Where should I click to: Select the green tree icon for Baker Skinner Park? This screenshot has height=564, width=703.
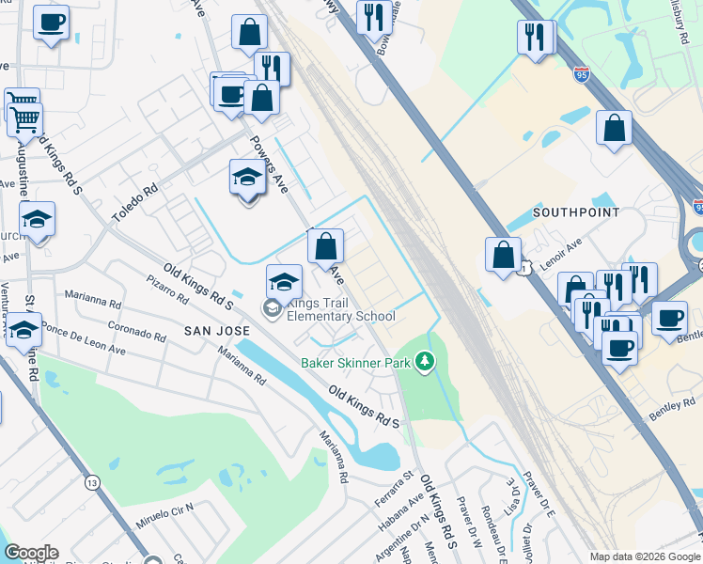[x=426, y=361]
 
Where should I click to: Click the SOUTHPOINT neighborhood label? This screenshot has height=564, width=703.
[x=566, y=212]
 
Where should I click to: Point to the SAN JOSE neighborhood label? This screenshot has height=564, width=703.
[x=217, y=331]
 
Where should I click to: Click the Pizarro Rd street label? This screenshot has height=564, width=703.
[x=168, y=289]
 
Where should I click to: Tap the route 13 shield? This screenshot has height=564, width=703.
[x=91, y=482]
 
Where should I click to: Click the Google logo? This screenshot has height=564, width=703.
[x=31, y=553]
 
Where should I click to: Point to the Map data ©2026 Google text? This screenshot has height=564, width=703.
[x=645, y=556]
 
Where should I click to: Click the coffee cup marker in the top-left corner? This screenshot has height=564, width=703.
[x=52, y=22]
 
